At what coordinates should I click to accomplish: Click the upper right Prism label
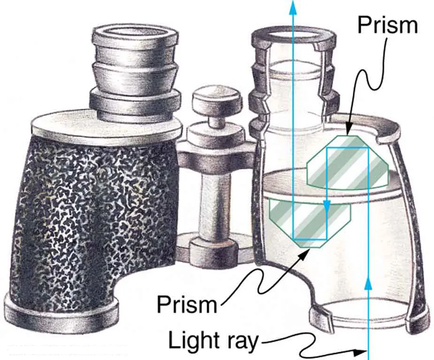(x=387, y=26)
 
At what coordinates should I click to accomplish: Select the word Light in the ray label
(x=191, y=340)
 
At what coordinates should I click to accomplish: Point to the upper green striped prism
(x=347, y=163)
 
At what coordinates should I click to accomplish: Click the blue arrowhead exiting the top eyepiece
(x=293, y=6)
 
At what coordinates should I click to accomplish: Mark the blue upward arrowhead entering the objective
(x=368, y=284)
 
